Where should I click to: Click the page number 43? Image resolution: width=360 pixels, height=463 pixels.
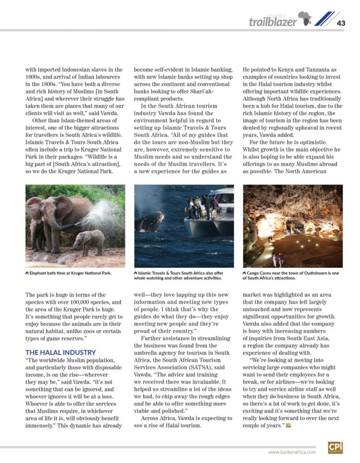341,23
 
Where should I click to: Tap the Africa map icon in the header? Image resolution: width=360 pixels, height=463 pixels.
305,19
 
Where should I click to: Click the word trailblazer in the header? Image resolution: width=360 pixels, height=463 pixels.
273,22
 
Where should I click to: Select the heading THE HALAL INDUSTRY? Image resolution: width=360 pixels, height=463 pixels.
61,352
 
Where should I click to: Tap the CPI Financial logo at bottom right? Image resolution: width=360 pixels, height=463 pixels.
335,447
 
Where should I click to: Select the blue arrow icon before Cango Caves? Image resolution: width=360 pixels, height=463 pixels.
244,273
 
